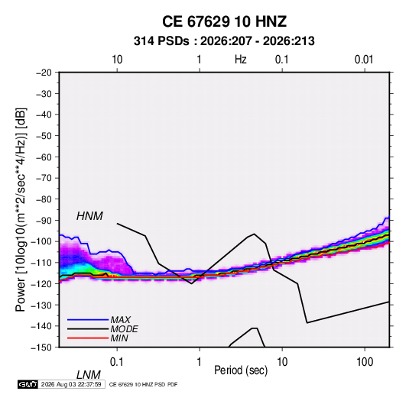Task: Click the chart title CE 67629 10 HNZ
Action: pyautogui.click(x=224, y=21)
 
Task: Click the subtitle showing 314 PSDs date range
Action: pyautogui.click(x=224, y=41)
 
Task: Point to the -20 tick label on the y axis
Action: pyautogui.click(x=44, y=73)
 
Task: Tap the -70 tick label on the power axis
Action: pyautogui.click(x=44, y=178)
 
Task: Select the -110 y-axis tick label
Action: pyautogui.click(x=41, y=263)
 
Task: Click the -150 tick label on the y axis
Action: pyautogui.click(x=41, y=347)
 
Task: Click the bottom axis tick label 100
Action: pyautogui.click(x=365, y=362)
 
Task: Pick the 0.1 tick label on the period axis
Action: pyautogui.click(x=117, y=362)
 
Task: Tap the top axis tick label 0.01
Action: pyautogui.click(x=364, y=60)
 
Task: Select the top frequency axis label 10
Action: pyautogui.click(x=117, y=60)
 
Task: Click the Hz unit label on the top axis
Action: pyautogui.click(x=241, y=60)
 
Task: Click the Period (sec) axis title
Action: pyautogui.click(x=241, y=370)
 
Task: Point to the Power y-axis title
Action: pyautogui.click(x=21, y=210)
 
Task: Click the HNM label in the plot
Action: pyautogui.click(x=89, y=216)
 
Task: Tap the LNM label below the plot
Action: pyautogui.click(x=88, y=375)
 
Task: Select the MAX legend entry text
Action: pyautogui.click(x=120, y=320)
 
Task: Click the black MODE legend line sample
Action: pyautogui.click(x=88, y=329)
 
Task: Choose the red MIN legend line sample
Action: pyautogui.click(x=88, y=338)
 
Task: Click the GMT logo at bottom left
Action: pyautogui.click(x=28, y=384)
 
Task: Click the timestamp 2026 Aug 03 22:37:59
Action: pyautogui.click(x=71, y=384)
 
